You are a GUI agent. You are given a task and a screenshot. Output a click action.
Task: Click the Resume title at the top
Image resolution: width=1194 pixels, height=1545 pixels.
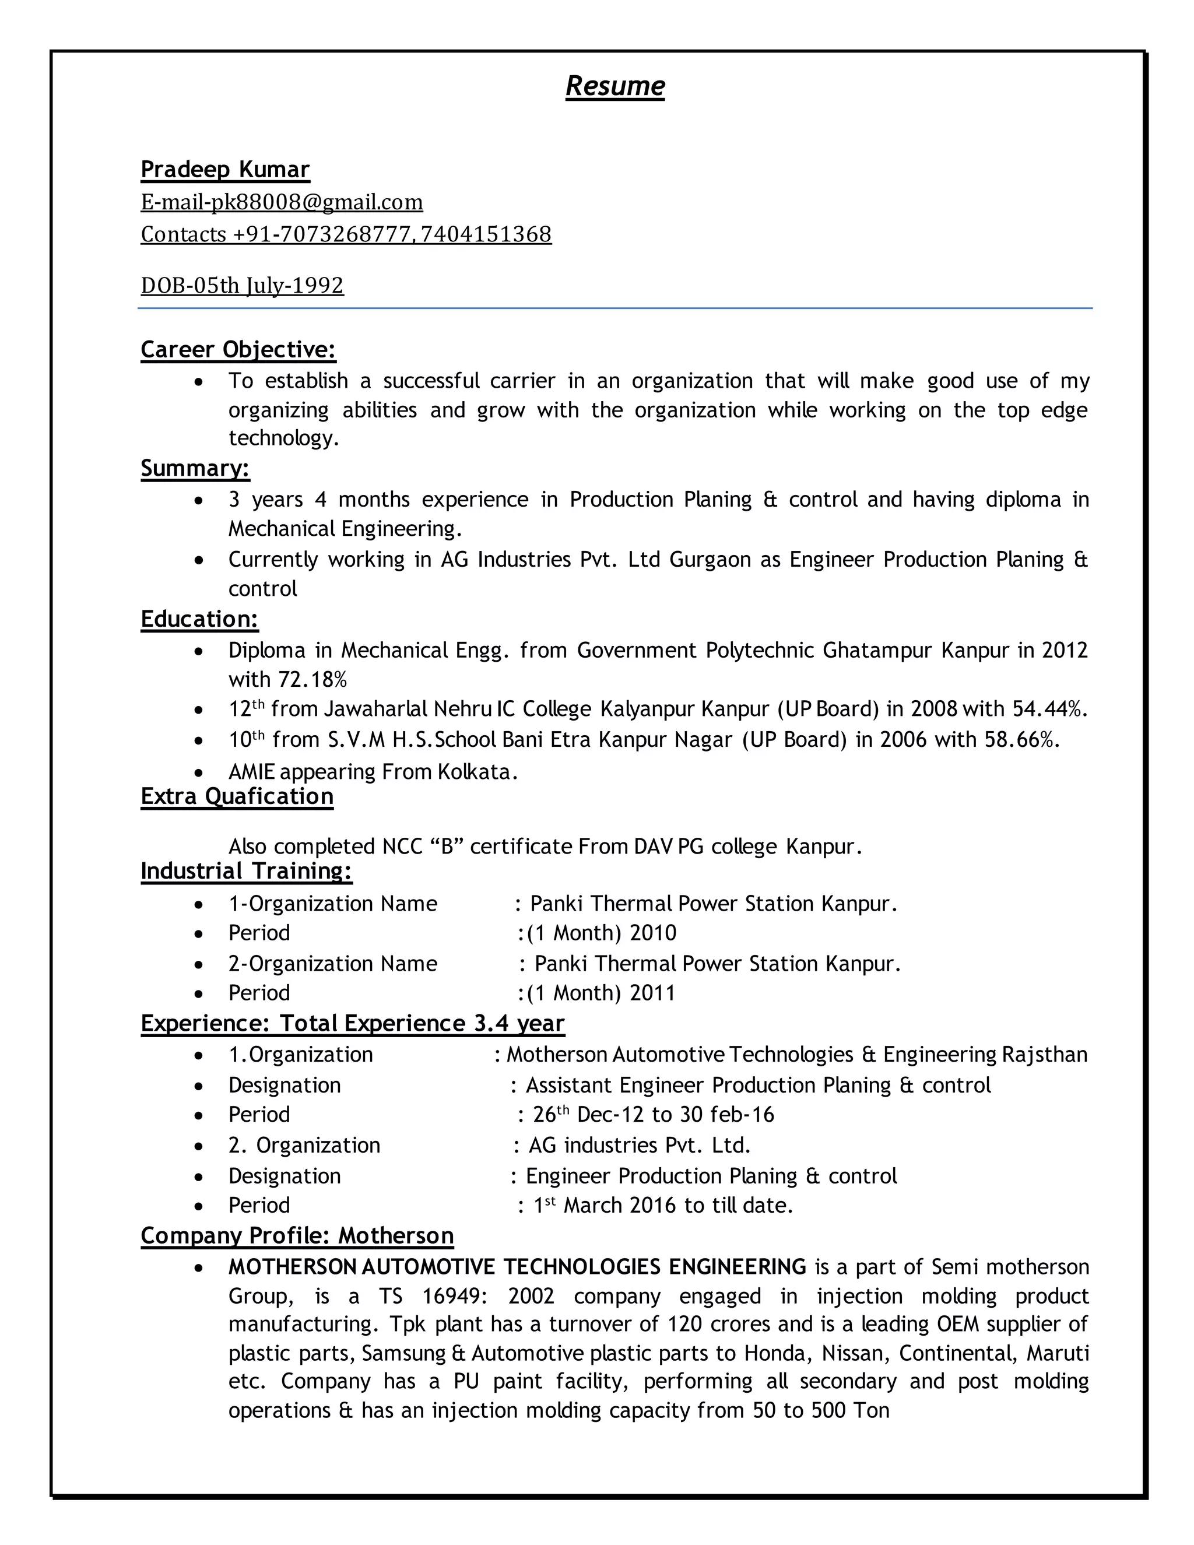[614, 86]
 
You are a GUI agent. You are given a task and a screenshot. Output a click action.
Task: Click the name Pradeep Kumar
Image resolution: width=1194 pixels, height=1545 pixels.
[225, 170]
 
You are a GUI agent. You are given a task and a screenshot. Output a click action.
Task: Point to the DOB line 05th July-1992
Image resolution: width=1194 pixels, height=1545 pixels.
[242, 285]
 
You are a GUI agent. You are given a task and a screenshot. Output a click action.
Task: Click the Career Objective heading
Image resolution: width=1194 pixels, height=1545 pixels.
[238, 349]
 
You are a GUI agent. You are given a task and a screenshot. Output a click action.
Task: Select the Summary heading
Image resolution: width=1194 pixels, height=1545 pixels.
[195, 468]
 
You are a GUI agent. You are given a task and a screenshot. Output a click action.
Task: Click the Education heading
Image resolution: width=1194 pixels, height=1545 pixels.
[199, 619]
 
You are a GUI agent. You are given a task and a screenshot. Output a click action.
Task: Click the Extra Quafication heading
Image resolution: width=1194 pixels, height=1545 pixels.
[237, 796]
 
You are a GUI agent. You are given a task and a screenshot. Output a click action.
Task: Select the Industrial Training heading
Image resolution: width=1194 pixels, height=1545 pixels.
[246, 871]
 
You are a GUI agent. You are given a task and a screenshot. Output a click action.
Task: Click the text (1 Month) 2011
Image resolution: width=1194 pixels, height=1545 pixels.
[600, 993]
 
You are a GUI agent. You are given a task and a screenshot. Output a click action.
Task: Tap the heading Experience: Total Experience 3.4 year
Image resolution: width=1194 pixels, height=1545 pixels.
[352, 1024]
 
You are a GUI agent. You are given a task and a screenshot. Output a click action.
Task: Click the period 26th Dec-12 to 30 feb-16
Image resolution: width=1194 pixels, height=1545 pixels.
[653, 1115]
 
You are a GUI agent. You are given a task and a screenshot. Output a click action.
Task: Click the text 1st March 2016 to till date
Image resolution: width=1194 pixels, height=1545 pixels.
[663, 1206]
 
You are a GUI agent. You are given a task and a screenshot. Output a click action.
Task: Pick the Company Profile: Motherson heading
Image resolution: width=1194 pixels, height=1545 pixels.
[297, 1236]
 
